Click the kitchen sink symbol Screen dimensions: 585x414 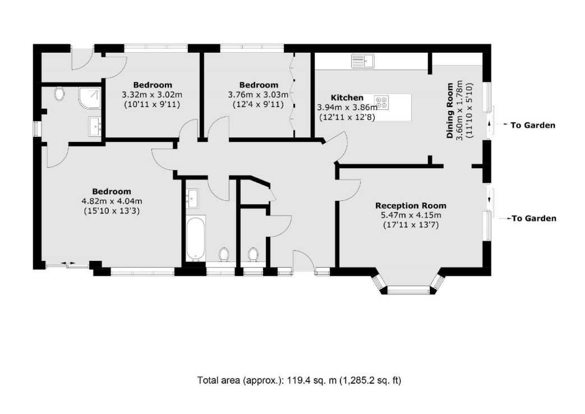tap(363, 61)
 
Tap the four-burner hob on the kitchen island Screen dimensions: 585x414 tap(381, 103)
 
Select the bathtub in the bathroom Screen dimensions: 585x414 tap(196, 238)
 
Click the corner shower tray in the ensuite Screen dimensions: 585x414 tap(90, 98)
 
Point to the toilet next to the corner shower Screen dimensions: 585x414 tap(59, 94)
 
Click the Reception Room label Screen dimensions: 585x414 tap(411, 206)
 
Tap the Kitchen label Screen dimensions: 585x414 tap(347, 98)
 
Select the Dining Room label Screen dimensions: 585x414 tap(450, 111)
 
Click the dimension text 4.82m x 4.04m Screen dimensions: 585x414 tap(112, 201)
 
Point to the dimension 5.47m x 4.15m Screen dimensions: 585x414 tap(411, 215)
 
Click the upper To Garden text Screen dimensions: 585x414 tap(533, 126)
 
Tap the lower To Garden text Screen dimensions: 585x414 tap(534, 218)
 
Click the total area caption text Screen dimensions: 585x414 tap(299, 380)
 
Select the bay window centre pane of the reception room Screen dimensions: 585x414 tap(408, 290)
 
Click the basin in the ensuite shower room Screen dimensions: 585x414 tap(95, 126)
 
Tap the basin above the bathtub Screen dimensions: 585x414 tap(192, 198)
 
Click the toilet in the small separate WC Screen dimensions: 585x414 tap(254, 255)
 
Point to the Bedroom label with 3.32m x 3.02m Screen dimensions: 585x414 tap(153, 85)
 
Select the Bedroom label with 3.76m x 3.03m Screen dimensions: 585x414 tap(259, 85)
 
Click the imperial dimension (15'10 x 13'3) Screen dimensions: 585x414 tap(112, 211)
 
